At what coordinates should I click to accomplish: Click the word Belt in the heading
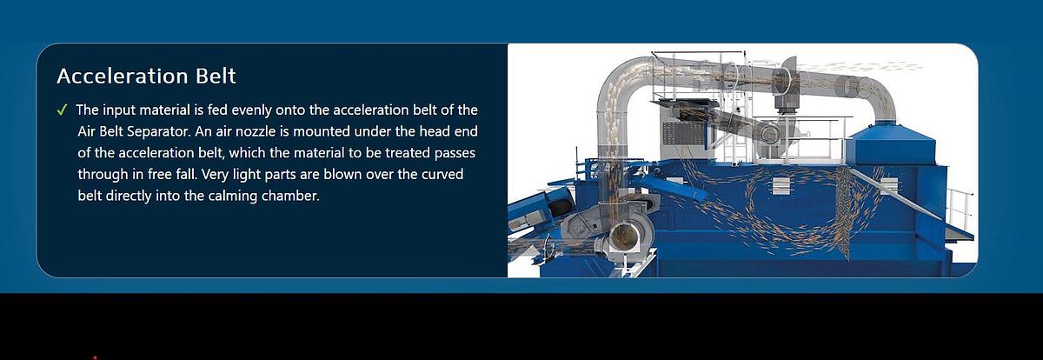[x=215, y=77]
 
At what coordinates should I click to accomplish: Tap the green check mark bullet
[x=62, y=110]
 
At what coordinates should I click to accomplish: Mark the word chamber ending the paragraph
[x=298, y=196]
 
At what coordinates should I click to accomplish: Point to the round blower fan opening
[x=624, y=237]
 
